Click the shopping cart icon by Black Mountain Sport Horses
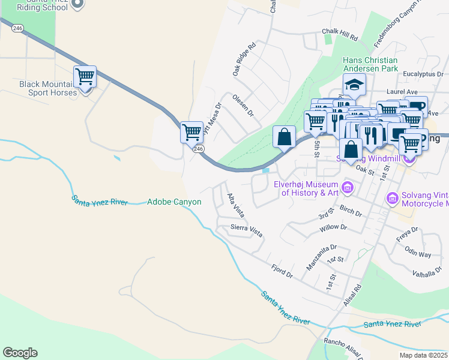coord(85,77)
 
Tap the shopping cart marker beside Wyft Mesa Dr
coord(191,131)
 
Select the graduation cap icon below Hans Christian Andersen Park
coord(354,85)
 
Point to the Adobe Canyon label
coord(175,202)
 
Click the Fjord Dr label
coord(281,271)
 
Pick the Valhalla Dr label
coord(428,274)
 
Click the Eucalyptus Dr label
coord(423,74)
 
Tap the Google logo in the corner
coord(20,353)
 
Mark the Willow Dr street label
coord(333,228)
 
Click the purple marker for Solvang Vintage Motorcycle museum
coord(392,197)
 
